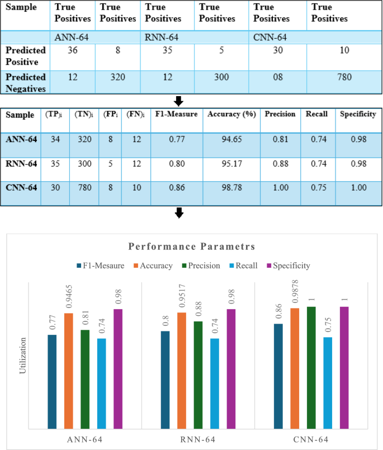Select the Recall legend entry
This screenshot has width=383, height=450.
[x=243, y=266]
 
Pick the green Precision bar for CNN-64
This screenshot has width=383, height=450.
[x=311, y=367]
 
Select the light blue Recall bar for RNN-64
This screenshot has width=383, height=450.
[x=215, y=383]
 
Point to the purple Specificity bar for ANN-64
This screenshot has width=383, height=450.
[x=118, y=369]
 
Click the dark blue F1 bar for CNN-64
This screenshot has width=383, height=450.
[x=278, y=376]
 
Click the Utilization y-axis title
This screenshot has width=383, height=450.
[x=23, y=354]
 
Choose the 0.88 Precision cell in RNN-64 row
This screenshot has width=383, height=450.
[x=280, y=165]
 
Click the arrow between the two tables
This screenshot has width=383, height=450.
[x=179, y=101]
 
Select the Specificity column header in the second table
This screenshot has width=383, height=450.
[x=358, y=115]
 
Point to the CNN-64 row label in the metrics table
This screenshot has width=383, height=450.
[x=21, y=188]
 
